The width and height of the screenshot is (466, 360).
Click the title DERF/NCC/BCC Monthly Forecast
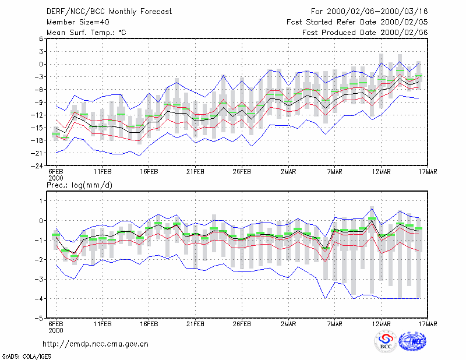(x=109, y=12)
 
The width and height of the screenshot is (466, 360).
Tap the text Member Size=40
(x=78, y=22)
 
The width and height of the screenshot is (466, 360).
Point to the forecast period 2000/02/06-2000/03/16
(x=377, y=12)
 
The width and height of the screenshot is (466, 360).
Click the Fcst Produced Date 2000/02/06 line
(x=365, y=33)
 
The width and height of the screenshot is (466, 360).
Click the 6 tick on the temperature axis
(x=41, y=39)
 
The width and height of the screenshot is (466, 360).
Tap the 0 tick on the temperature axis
(x=41, y=64)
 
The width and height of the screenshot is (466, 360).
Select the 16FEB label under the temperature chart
(x=149, y=172)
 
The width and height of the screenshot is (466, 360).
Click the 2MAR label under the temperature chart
(x=288, y=172)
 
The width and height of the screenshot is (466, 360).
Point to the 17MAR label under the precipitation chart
(x=428, y=324)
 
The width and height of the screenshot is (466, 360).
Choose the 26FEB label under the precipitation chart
(x=242, y=324)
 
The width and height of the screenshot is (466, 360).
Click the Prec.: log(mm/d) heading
(x=80, y=185)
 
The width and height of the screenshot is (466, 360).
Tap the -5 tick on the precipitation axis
(x=38, y=319)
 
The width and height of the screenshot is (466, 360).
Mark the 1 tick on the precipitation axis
(x=41, y=201)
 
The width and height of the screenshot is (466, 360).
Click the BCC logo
(x=386, y=341)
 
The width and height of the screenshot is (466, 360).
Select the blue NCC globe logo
(x=412, y=341)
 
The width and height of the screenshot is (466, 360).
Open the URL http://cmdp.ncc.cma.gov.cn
(x=96, y=344)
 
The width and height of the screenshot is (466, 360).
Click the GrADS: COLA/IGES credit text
(x=26, y=357)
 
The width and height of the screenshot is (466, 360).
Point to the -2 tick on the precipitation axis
(x=38, y=260)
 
